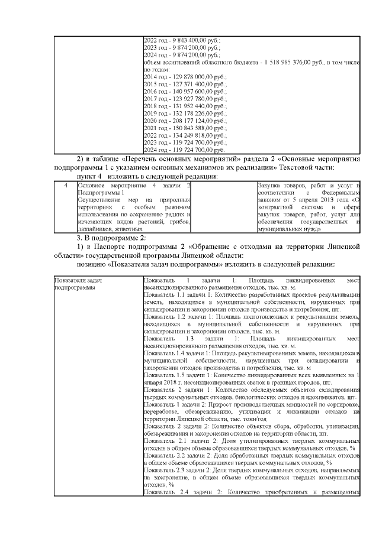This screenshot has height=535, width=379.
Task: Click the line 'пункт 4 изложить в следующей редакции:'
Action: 144,176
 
